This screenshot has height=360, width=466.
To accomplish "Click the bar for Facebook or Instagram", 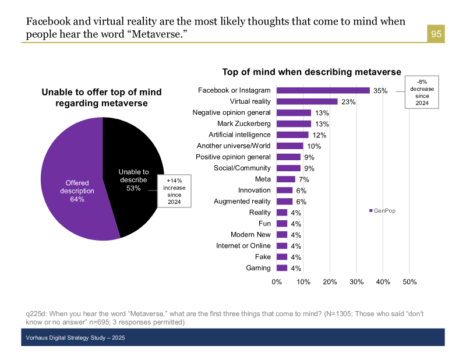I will [323, 90].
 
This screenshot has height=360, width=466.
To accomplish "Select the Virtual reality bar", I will [307, 101].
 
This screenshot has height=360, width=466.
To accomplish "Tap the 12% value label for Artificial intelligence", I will [319, 135].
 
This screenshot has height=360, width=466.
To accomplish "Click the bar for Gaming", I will [282, 268].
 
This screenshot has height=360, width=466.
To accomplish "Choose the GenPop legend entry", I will [382, 210].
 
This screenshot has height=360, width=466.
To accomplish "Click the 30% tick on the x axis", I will [356, 283].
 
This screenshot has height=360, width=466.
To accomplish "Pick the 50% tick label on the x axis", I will [409, 283].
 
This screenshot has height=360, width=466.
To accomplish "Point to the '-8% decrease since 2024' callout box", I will [422, 92].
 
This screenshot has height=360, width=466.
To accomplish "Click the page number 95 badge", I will [436, 34].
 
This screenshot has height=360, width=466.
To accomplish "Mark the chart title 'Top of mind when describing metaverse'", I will [312, 72].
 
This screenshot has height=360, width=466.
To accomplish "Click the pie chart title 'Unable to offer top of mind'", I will [101, 98].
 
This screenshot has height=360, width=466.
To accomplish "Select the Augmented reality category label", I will [242, 201].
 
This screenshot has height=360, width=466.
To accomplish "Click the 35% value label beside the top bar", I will [380, 91].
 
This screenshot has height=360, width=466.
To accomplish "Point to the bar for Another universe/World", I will [290, 146].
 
